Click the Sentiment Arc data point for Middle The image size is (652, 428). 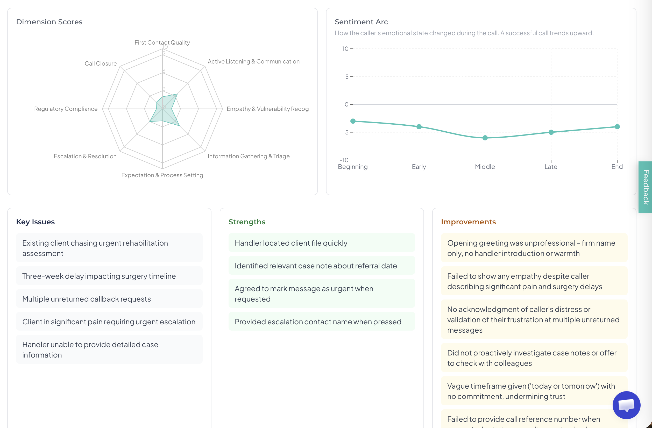(x=485, y=138)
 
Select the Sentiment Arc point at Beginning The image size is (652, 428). (x=353, y=121)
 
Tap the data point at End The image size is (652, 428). (x=617, y=127)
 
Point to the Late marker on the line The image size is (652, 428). (x=551, y=132)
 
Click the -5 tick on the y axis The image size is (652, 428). (x=346, y=133)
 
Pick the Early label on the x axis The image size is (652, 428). (x=419, y=167)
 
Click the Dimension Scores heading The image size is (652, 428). (x=49, y=22)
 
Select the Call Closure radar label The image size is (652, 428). (x=101, y=63)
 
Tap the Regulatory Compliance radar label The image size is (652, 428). (x=66, y=109)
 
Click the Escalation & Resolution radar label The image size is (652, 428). (x=85, y=156)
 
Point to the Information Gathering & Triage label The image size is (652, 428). (x=249, y=156)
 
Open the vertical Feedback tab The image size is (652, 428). (x=646, y=187)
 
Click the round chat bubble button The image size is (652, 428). (x=626, y=405)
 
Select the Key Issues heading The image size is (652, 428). (x=35, y=222)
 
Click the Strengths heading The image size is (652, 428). (x=247, y=222)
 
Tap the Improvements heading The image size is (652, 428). (x=468, y=222)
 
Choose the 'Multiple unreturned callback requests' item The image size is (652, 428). (x=87, y=299)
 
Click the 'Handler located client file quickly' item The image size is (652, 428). (x=291, y=243)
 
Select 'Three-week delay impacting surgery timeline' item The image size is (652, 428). (x=99, y=276)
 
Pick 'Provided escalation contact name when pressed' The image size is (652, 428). (x=318, y=322)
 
